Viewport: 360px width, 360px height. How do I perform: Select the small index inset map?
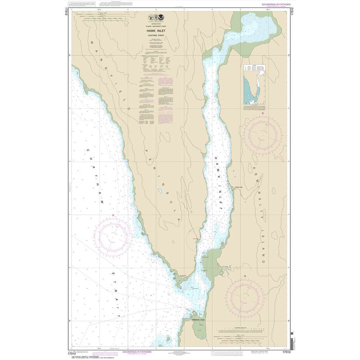(254, 86)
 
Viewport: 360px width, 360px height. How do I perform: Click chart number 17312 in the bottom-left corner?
(71, 353)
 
